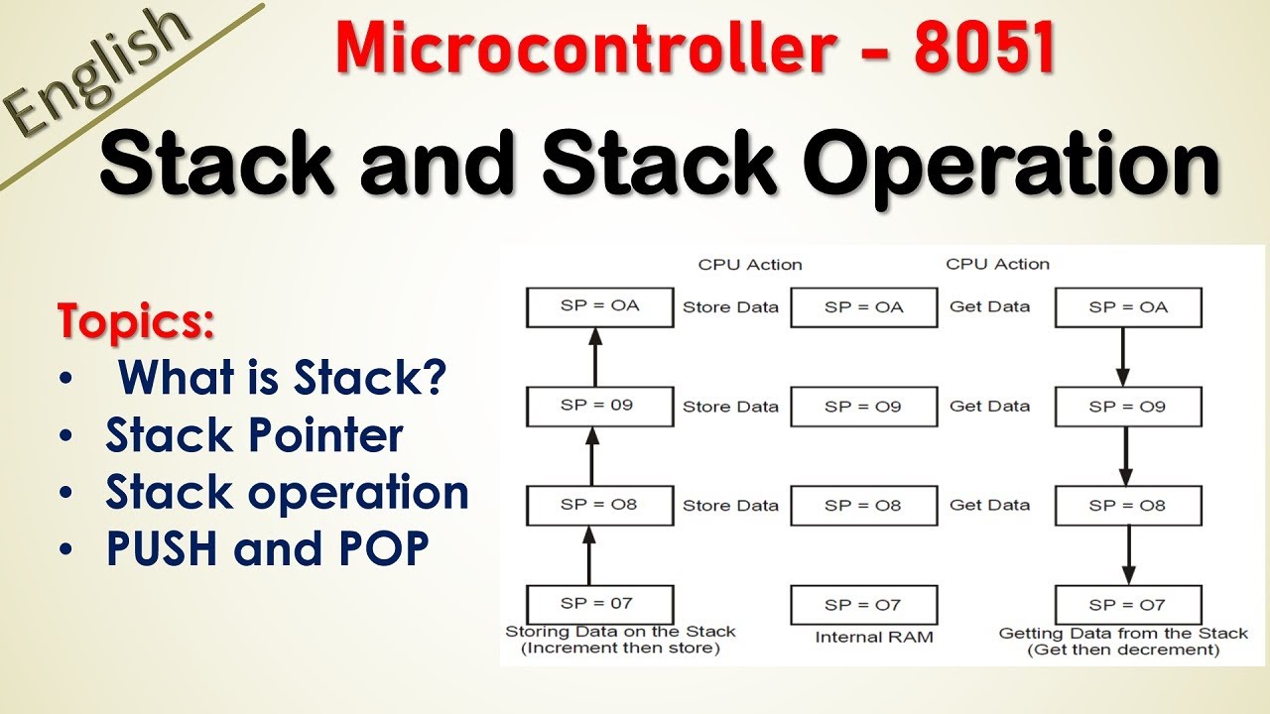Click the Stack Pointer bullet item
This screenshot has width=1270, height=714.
[254, 434]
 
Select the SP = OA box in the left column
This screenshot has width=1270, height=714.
[600, 307]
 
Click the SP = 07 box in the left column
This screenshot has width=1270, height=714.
[600, 604]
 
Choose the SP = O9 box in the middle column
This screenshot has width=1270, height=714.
[863, 407]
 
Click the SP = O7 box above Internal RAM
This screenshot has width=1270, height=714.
[863, 605]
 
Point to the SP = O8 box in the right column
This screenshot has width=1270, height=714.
[1128, 506]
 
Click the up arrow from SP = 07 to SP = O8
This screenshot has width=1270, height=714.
[590, 555]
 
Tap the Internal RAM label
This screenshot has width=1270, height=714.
[874, 637]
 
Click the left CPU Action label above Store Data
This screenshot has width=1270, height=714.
[750, 264]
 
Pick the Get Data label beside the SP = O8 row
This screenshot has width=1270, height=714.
[989, 505]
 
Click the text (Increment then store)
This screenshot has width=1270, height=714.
[620, 650]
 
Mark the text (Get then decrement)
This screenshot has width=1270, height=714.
[1123, 650]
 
